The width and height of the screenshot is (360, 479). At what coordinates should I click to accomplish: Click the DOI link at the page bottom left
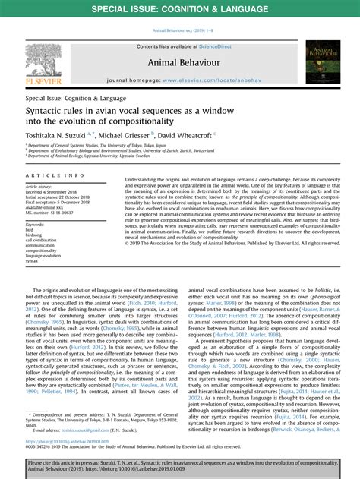tap(69, 440)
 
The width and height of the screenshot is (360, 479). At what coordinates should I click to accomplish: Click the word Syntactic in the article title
tap(49, 109)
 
